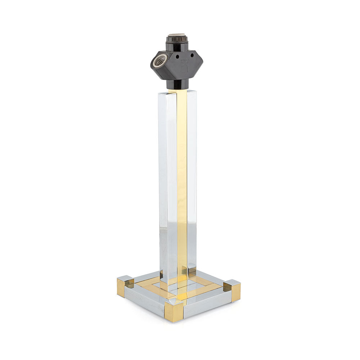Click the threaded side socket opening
160,60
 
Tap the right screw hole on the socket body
190,56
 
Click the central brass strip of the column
182,180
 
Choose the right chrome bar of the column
192,180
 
